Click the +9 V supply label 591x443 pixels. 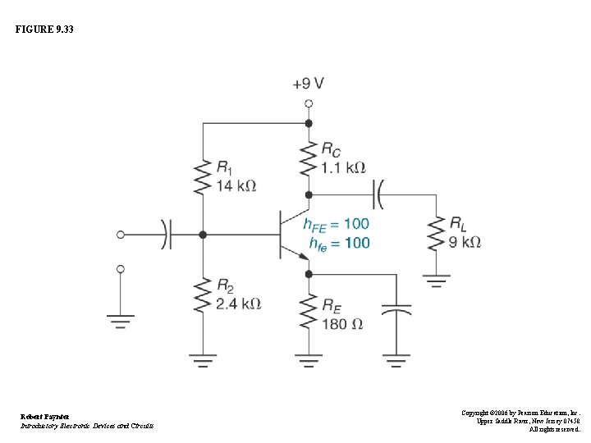(308, 84)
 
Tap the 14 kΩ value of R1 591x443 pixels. (236, 186)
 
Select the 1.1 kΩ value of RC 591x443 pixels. (343, 167)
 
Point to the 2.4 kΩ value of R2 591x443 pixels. (238, 304)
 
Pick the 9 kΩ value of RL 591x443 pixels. (465, 242)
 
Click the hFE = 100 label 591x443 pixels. (336, 223)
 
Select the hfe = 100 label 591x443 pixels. (340, 243)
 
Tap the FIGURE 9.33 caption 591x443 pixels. (44, 30)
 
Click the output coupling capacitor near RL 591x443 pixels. (379, 195)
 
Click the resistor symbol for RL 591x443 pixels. (435, 233)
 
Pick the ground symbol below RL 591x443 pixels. (435, 281)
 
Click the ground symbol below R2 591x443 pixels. (203, 359)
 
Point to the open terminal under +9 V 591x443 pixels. (309, 103)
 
